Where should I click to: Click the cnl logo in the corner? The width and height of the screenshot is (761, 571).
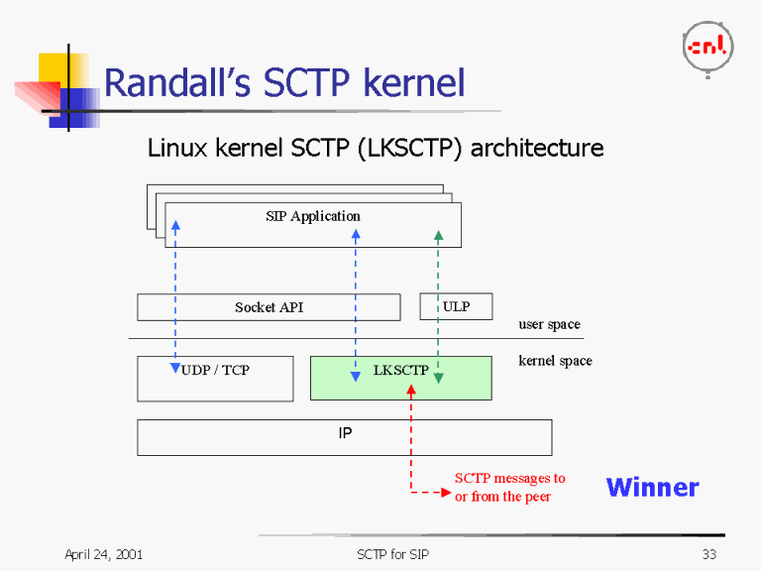pyautogui.click(x=707, y=46)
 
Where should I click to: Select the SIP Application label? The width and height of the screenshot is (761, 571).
pyautogui.click(x=313, y=216)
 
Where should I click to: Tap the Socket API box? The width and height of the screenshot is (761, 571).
pyautogui.click(x=269, y=307)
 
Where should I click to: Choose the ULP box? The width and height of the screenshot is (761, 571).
pyautogui.click(x=456, y=306)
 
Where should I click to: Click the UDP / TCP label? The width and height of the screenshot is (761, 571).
pyautogui.click(x=216, y=370)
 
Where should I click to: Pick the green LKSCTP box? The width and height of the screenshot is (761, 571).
pyautogui.click(x=400, y=378)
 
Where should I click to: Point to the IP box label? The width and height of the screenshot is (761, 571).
pyautogui.click(x=345, y=433)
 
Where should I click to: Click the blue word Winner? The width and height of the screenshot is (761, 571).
pyautogui.click(x=652, y=487)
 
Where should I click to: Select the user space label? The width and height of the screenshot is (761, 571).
pyautogui.click(x=549, y=324)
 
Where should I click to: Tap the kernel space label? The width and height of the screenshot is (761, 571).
pyautogui.click(x=555, y=361)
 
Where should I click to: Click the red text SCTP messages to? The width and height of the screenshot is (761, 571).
pyautogui.click(x=509, y=478)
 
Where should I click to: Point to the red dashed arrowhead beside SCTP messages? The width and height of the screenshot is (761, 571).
pyautogui.click(x=445, y=493)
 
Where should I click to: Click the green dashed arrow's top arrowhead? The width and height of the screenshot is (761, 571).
pyautogui.click(x=439, y=237)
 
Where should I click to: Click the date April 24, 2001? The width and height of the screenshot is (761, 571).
pyautogui.click(x=103, y=554)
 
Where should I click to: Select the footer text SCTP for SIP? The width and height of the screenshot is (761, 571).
pyautogui.click(x=393, y=554)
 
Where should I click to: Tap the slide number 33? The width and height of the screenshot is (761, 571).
pyautogui.click(x=708, y=554)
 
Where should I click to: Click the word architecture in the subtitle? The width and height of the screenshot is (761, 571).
pyautogui.click(x=537, y=149)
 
